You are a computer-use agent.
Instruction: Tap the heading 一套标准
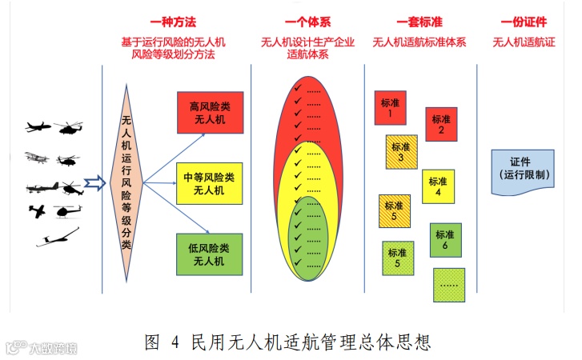click(x=419, y=22)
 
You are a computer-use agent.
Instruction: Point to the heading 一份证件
click(x=524, y=22)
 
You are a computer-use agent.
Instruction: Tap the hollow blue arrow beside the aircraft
click(x=95, y=184)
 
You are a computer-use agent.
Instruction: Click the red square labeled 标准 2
click(x=441, y=124)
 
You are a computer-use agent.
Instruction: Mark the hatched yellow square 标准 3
click(x=400, y=153)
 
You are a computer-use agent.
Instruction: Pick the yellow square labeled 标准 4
click(x=438, y=186)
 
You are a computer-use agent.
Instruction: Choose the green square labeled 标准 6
click(x=445, y=239)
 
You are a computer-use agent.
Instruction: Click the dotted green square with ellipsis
click(x=449, y=284)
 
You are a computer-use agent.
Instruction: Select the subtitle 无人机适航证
click(x=524, y=42)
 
